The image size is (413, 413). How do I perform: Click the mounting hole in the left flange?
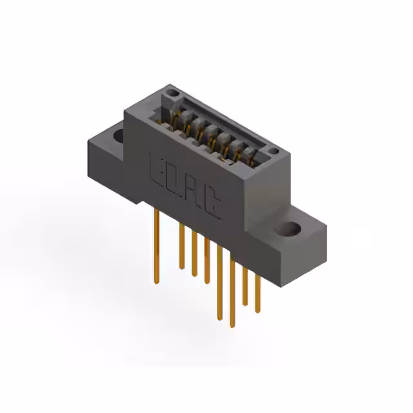coord(119,136)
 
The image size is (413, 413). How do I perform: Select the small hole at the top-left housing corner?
coord(172,94)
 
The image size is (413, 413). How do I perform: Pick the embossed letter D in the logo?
coord(173,177)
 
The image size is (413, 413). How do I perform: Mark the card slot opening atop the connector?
coord(213,129)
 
